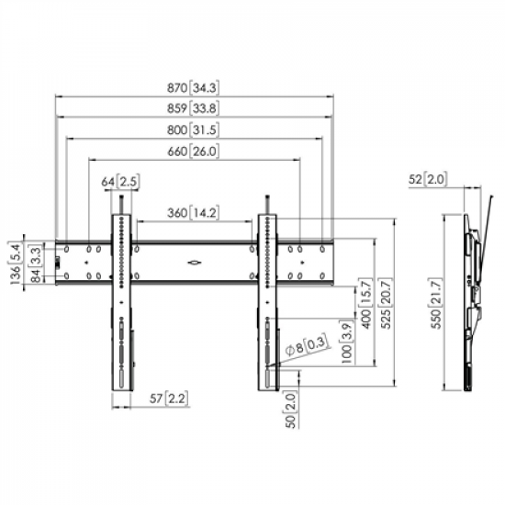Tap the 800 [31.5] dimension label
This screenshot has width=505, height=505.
pyautogui.click(x=193, y=130)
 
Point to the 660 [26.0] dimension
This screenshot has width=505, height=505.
pyautogui.click(x=193, y=151)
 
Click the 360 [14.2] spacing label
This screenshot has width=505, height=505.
pyautogui.click(x=193, y=214)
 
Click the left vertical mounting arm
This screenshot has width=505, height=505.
pyautogui.click(x=124, y=303)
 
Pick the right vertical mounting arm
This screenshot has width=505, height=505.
pyautogui.click(x=266, y=303)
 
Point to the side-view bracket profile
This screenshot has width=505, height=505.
pyautogui.click(x=474, y=294)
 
